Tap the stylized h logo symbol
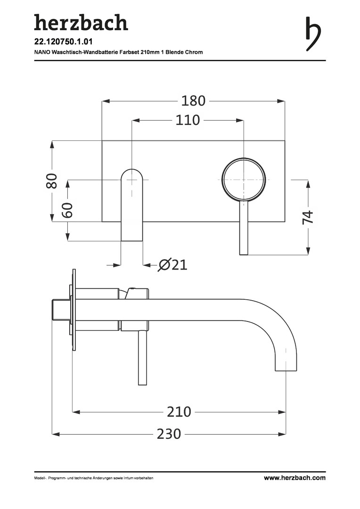(x=313, y=34)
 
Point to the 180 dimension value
(x=193, y=101)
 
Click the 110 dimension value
(x=188, y=120)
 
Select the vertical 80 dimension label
(x=52, y=181)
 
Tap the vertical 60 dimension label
(x=67, y=210)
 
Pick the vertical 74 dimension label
(x=308, y=217)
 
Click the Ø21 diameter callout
(x=172, y=265)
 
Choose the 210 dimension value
(x=179, y=412)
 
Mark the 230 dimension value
(x=169, y=434)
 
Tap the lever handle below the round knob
(x=244, y=228)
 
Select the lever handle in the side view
(x=142, y=358)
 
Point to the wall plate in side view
(x=74, y=310)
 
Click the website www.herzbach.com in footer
(x=295, y=478)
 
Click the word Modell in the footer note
(x=39, y=478)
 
